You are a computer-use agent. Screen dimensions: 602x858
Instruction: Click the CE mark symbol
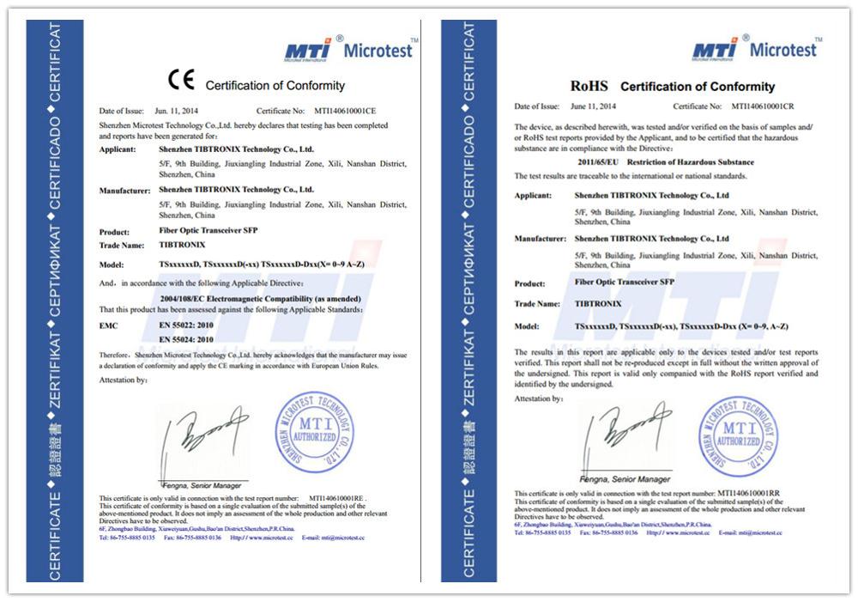click(x=181, y=82)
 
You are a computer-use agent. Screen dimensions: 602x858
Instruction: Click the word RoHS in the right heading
click(x=589, y=86)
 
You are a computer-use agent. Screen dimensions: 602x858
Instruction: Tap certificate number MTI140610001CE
click(x=345, y=112)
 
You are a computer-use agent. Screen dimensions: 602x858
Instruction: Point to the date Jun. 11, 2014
click(x=174, y=112)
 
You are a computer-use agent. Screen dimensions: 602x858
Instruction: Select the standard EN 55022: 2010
click(x=186, y=326)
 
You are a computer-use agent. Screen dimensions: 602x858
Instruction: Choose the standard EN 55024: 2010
click(x=186, y=340)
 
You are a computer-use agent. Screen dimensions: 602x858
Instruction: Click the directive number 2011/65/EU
click(x=598, y=161)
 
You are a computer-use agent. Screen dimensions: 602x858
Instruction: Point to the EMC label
click(x=108, y=326)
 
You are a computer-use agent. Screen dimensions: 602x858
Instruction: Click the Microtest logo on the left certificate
click(x=348, y=49)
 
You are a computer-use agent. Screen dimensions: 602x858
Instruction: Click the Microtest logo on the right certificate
click(x=755, y=49)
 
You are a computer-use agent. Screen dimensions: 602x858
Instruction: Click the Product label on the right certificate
click(x=529, y=283)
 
